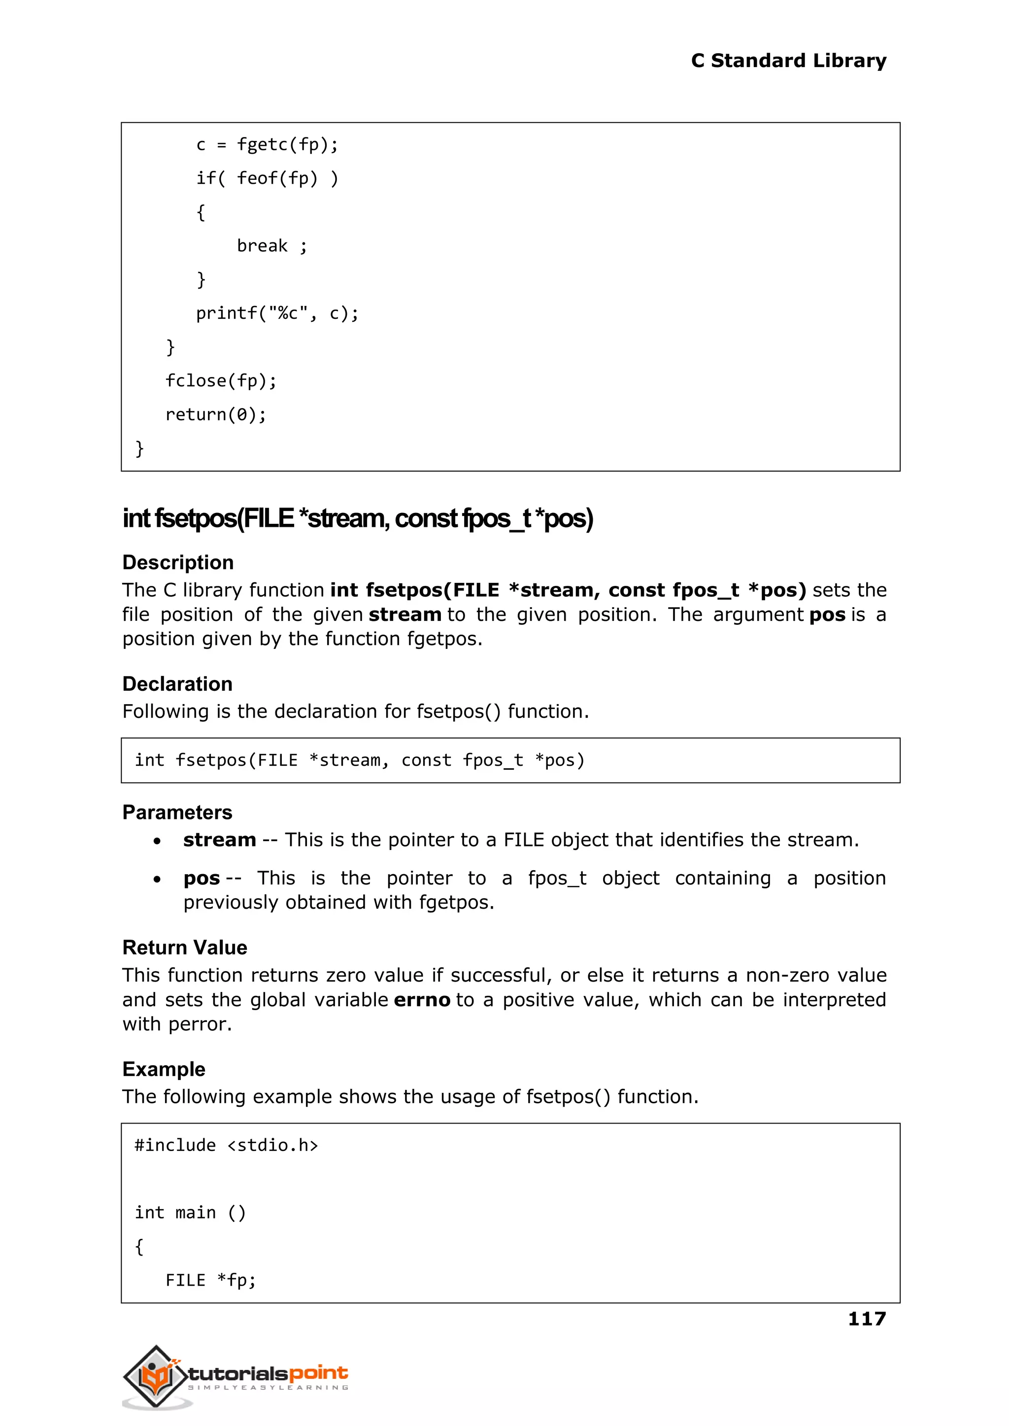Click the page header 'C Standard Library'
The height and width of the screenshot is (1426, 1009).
788,61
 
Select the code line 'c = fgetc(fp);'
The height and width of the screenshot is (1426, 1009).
267,145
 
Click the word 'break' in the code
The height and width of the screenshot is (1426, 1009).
262,246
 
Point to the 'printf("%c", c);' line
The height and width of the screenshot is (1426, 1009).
277,313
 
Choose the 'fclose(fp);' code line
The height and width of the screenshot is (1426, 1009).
221,381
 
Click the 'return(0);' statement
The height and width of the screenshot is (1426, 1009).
216,414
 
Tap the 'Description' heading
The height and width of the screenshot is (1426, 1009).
178,562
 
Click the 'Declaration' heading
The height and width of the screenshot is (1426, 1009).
177,683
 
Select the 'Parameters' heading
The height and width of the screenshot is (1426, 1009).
177,812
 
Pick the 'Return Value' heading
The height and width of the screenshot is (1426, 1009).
185,948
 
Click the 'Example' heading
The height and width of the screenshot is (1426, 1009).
164,1069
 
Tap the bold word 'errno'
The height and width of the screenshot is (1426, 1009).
422,1000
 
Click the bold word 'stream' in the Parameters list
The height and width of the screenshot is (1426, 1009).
219,840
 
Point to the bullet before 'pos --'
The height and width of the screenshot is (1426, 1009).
157,879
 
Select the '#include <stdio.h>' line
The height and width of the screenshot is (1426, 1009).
226,1145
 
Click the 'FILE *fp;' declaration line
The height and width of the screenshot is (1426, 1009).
211,1280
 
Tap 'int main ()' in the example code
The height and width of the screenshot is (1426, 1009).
190,1212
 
